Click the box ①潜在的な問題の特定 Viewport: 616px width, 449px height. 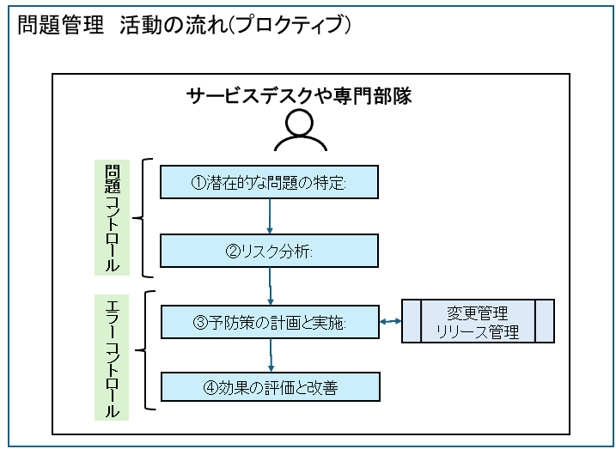(x=269, y=182)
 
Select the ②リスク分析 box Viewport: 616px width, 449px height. (x=269, y=252)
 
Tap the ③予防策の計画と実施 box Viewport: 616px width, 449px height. (x=269, y=322)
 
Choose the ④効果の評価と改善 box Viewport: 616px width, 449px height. (x=269, y=387)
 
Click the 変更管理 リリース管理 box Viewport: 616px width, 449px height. (x=478, y=322)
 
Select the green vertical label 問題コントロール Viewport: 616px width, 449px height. (x=112, y=217)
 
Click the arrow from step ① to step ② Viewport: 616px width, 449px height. (x=271, y=216)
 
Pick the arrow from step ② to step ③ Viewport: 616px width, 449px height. (x=271, y=286)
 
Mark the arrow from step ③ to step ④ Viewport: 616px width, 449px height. (x=271, y=355)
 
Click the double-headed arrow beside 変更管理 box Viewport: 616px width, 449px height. (x=391, y=322)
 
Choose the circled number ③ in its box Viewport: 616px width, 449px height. (x=199, y=323)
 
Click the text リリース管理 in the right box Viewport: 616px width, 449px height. (x=478, y=332)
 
